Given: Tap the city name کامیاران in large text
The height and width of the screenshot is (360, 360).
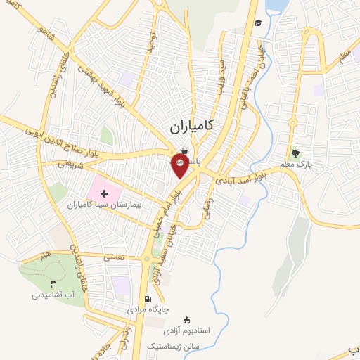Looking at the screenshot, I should tap(192, 127).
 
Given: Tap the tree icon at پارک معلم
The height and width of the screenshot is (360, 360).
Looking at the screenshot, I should tap(295, 153).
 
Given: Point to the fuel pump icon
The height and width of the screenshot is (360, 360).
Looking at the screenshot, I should tap(148, 297).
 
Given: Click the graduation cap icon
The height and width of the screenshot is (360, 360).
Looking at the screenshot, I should tap(259, 22).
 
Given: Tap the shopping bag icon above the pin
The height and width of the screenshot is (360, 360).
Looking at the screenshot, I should tap(184, 150).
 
